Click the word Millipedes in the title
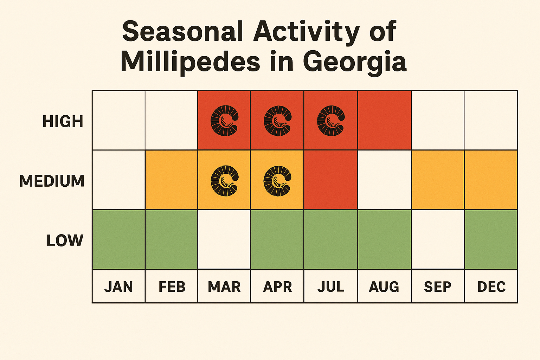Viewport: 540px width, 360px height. coord(190,62)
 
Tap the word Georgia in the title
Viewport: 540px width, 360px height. coord(354,62)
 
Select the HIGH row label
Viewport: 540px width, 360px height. coord(63,121)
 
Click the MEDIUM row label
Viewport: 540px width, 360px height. coord(52,181)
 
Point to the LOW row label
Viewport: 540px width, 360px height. coord(65,241)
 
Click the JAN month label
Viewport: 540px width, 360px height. coord(118,287)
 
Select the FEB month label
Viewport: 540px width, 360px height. coord(172,287)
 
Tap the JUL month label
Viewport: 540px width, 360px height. coord(331,287)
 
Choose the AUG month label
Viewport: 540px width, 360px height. coord(384,287)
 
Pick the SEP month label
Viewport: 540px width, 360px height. coord(438,287)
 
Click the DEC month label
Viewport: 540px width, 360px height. coord(491,287)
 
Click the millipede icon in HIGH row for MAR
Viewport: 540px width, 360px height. coord(224,121)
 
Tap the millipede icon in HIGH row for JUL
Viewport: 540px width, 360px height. coord(330,121)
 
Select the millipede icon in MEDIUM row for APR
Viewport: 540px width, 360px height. coord(277,181)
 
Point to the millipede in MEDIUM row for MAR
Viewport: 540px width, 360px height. coord(224,181)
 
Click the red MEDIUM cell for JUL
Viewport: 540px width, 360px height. coord(330,180)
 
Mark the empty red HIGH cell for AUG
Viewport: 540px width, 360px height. coord(384,120)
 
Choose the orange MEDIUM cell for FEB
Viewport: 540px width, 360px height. coord(172,180)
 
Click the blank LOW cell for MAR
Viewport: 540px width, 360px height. coord(224,239)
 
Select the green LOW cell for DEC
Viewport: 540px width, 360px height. coord(491,239)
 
